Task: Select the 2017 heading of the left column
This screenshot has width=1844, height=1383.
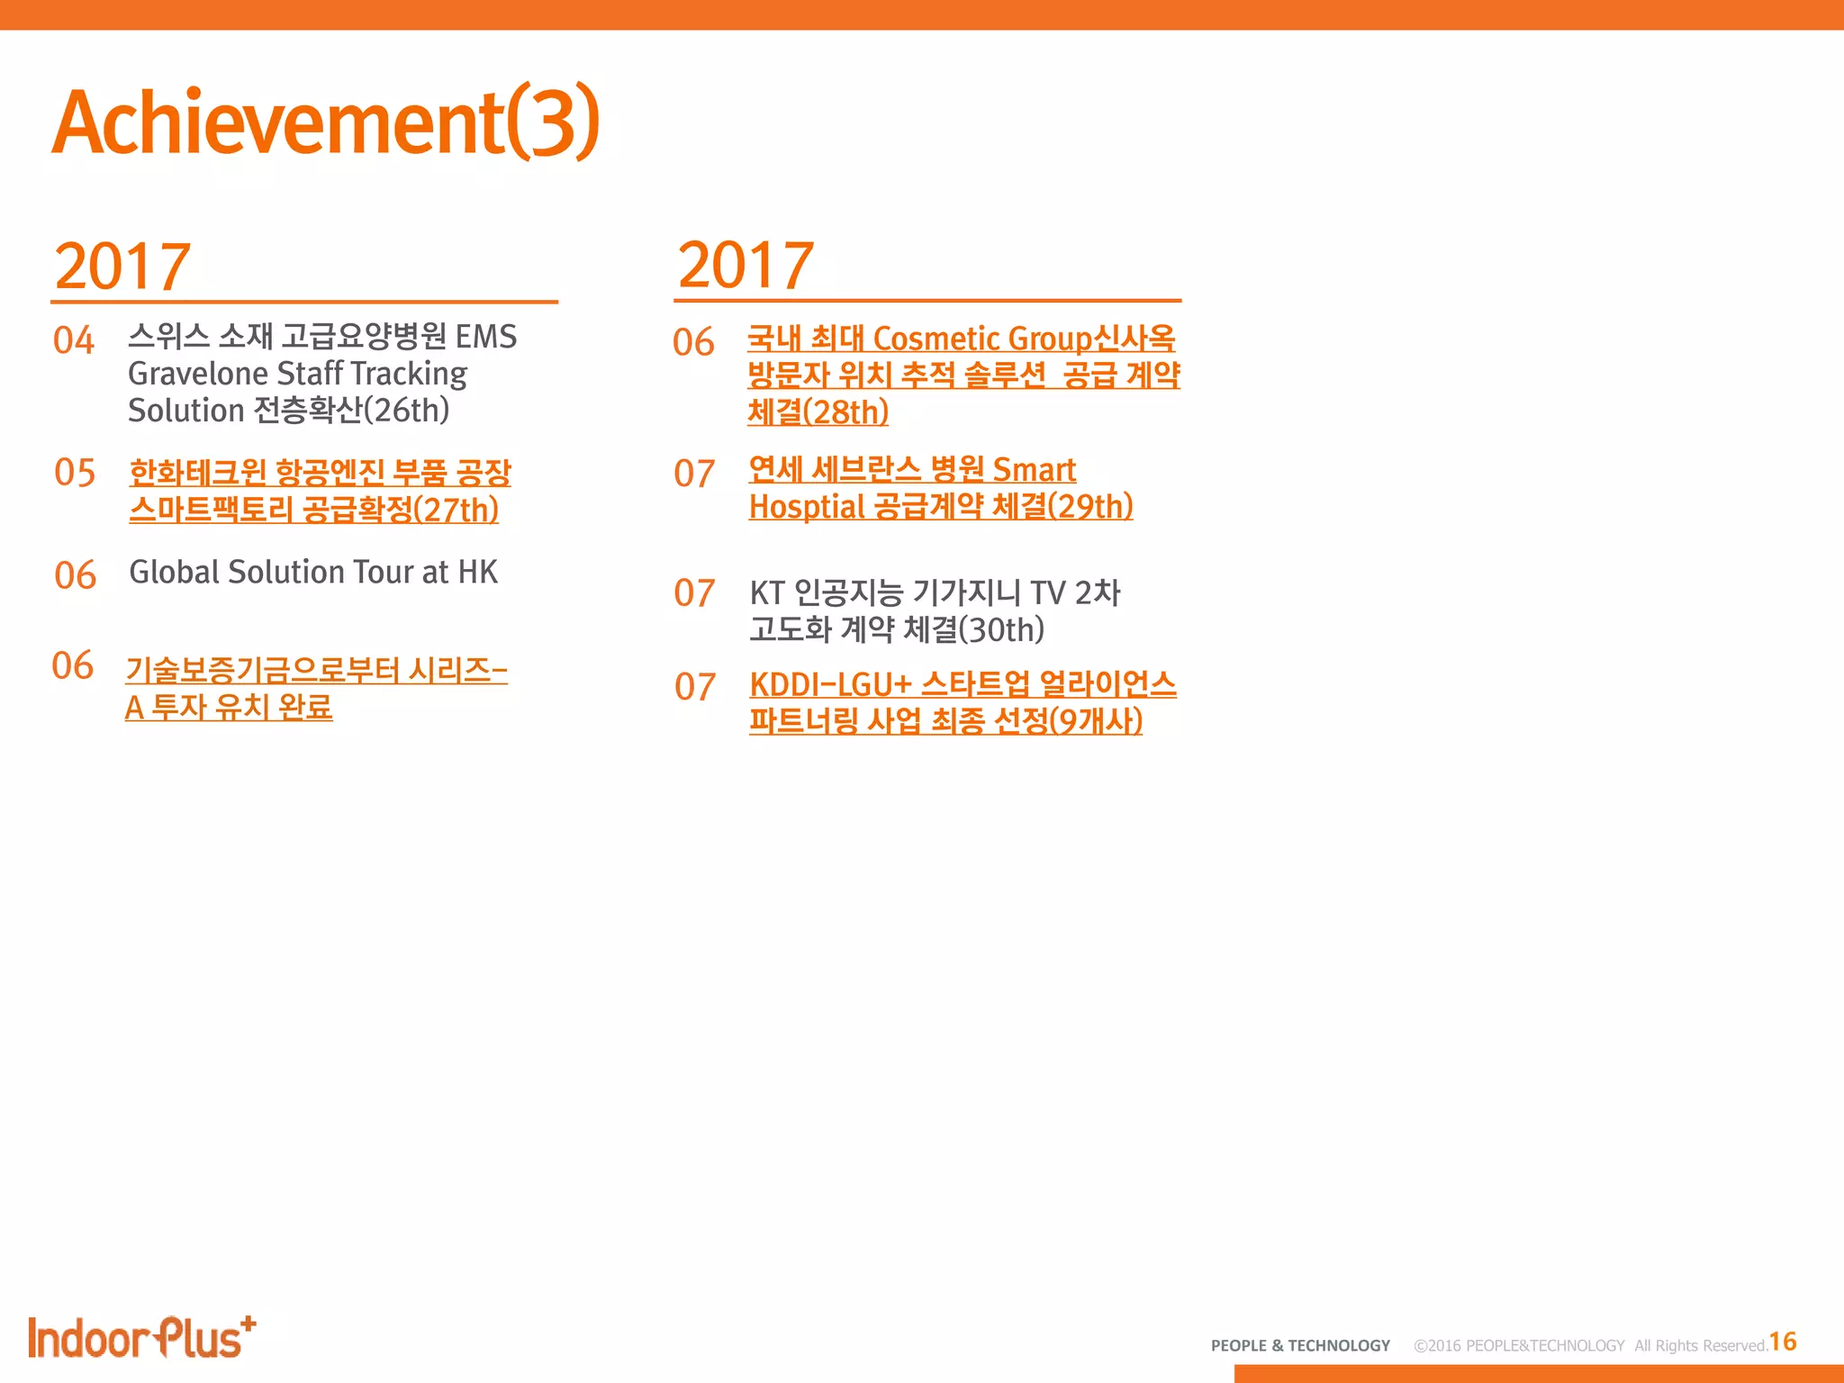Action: click(122, 267)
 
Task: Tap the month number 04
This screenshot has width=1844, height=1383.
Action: click(74, 340)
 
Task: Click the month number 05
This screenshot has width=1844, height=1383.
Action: click(75, 472)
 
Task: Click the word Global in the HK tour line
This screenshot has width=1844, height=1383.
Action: click(175, 572)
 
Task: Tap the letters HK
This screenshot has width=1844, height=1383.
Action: click(477, 572)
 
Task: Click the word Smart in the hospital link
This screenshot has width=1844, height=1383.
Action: click(1034, 469)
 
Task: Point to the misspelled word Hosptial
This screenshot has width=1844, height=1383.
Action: click(807, 507)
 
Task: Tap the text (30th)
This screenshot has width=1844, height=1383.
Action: click(1001, 629)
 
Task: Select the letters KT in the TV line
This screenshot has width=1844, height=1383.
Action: click(767, 592)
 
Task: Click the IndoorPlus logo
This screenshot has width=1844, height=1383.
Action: click(141, 1338)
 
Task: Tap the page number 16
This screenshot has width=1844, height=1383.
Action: click(1782, 1342)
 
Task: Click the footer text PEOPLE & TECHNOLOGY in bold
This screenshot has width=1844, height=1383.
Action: click(1300, 1345)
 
